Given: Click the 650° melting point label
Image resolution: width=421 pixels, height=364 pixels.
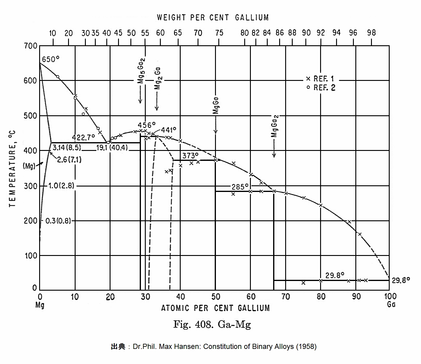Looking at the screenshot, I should (x=50, y=59).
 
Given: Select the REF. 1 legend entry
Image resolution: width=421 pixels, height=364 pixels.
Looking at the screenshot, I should (x=320, y=79).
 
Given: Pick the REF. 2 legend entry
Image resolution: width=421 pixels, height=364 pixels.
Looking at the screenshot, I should (x=320, y=88).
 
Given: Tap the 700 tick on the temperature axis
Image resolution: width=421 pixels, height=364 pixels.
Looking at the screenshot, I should (x=31, y=46).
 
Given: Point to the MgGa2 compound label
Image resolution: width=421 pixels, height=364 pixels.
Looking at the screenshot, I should (x=274, y=126).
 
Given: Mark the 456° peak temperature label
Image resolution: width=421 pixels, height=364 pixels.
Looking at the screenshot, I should (x=147, y=125).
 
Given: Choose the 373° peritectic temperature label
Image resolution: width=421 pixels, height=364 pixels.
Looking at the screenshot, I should (x=190, y=156).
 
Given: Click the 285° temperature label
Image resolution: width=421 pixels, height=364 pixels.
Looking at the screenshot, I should (x=240, y=187).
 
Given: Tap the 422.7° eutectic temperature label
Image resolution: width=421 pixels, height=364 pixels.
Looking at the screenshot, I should (x=83, y=138).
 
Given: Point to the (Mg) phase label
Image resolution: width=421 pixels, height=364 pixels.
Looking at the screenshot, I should (x=29, y=166).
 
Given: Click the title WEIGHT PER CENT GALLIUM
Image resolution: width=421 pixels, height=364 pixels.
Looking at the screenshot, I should (x=213, y=18).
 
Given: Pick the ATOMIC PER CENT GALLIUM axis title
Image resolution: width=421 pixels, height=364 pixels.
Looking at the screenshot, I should (x=215, y=308).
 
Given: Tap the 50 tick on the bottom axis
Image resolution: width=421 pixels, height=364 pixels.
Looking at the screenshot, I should (x=216, y=297).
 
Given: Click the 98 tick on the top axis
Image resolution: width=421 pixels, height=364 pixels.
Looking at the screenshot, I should (x=371, y=33).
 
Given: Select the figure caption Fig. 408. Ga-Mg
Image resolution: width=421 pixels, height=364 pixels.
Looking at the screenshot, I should (x=212, y=324).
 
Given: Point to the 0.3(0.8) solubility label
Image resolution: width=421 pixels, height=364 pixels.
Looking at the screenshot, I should (x=58, y=221).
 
